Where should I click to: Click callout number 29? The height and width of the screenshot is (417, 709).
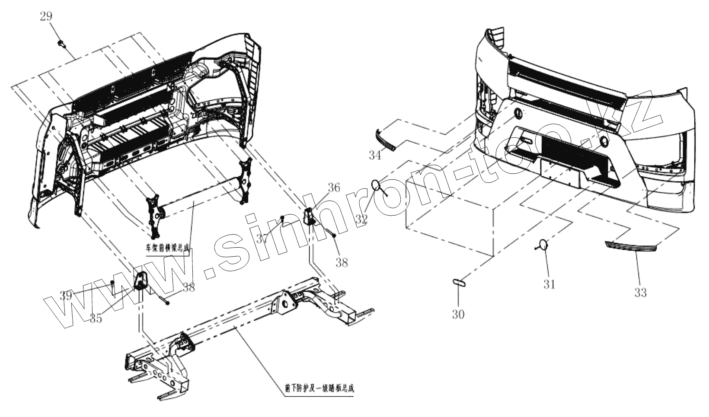coord(46,17)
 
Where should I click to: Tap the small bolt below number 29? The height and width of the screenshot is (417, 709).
coord(61,43)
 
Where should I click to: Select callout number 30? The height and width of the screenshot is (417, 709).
coord(458,315)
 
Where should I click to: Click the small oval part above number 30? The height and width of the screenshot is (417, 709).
coord(458,282)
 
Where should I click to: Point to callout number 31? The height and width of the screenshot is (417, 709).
coord(549,284)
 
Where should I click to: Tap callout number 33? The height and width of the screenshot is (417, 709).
coord(640,293)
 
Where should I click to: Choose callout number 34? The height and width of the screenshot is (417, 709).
coord(375,155)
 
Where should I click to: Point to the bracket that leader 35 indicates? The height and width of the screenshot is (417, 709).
coord(141,282)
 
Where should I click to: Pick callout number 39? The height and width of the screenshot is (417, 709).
coord(66,296)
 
